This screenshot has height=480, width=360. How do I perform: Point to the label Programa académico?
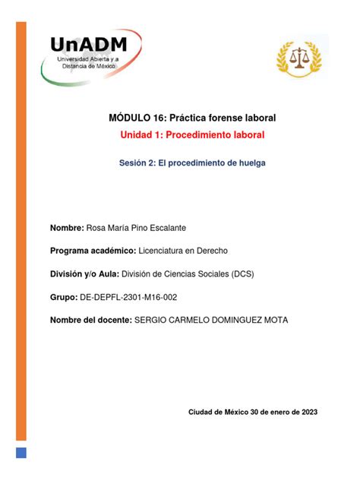(x=91, y=251)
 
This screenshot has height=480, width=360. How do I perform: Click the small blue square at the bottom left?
(x=21, y=453)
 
